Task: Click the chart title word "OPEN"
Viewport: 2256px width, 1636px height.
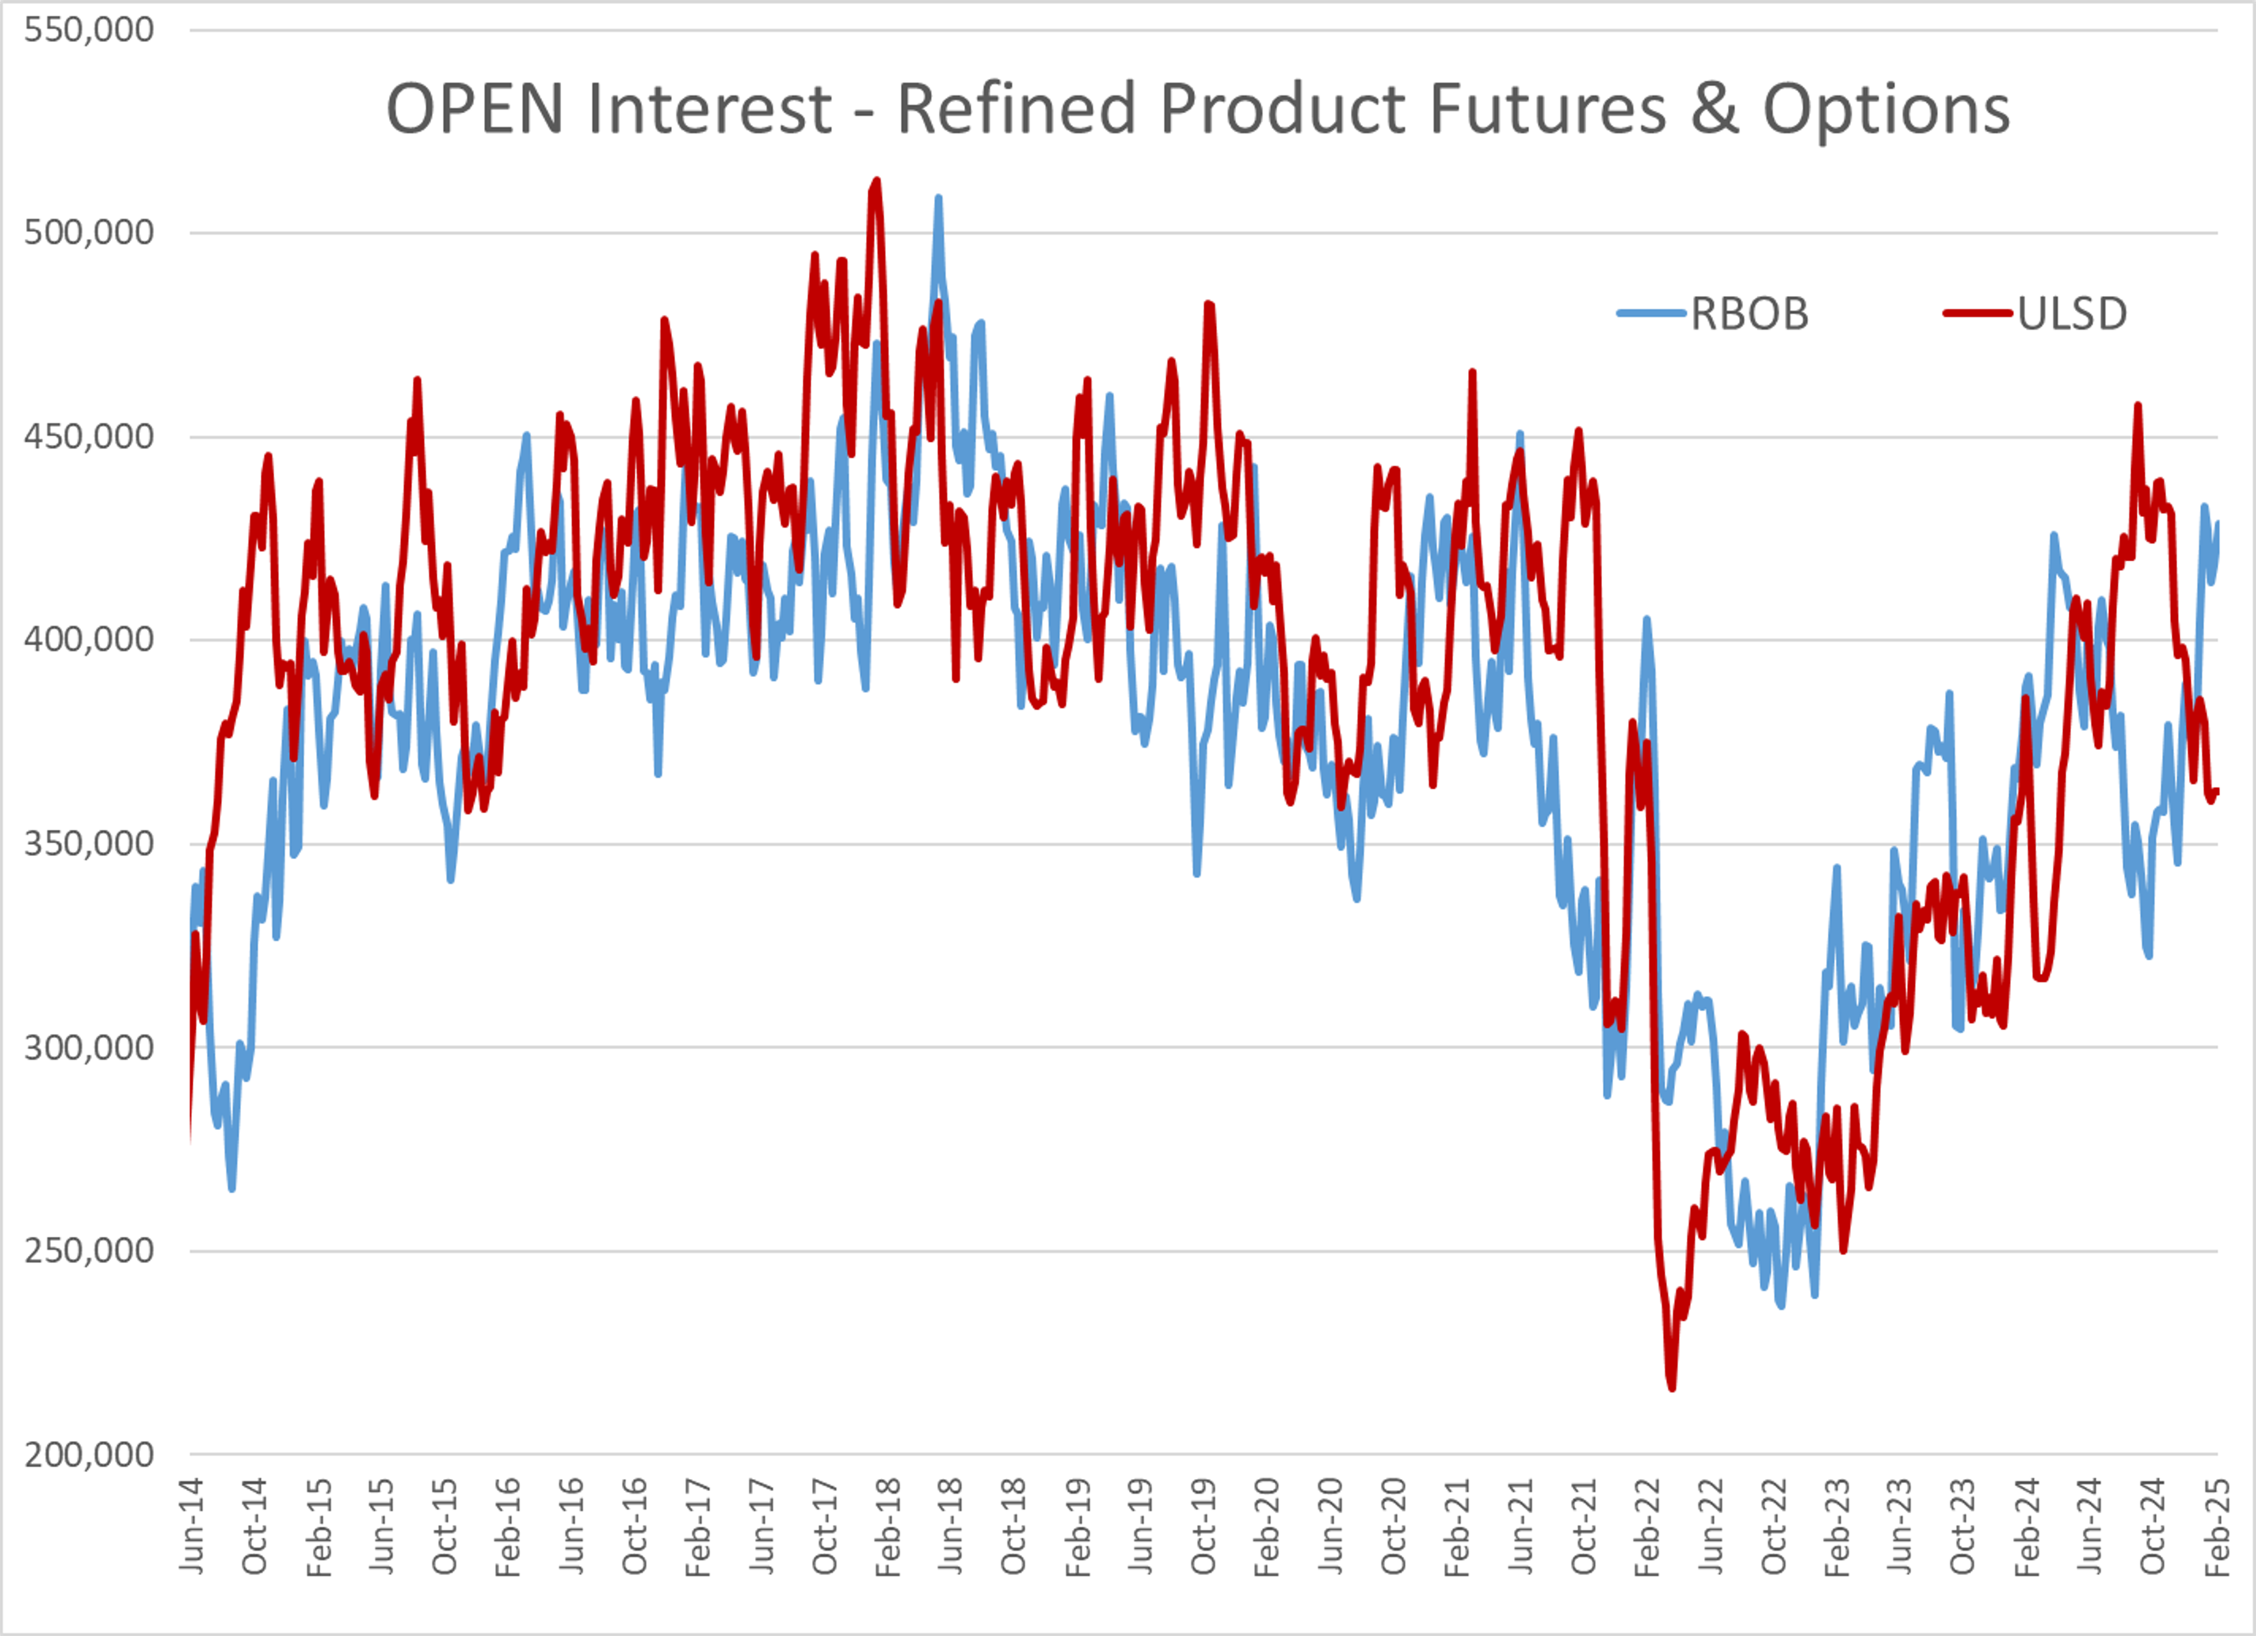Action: [x=475, y=109]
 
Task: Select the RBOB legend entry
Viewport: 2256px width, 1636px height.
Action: [x=1713, y=314]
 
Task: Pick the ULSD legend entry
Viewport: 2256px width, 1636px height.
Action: [x=2035, y=314]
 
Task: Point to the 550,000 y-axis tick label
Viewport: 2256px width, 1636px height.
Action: [x=89, y=30]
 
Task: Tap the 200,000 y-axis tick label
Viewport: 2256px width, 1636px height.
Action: [x=89, y=1455]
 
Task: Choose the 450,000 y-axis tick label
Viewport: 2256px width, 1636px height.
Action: [x=89, y=436]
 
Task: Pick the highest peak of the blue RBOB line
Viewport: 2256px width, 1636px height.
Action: [x=938, y=198]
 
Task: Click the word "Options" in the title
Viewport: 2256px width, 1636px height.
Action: [x=1886, y=109]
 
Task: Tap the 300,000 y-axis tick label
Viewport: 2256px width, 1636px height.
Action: [x=89, y=1047]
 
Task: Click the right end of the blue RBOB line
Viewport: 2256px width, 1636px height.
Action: [x=2217, y=524]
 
